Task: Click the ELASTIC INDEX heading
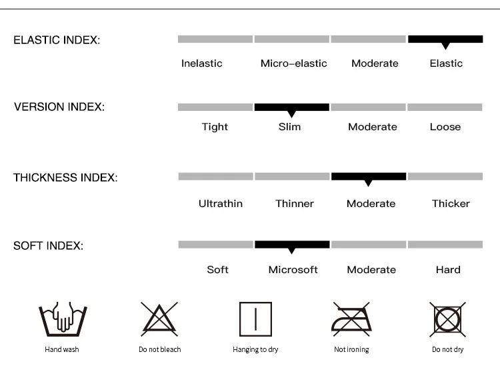point(57,40)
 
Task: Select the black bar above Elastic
point(445,39)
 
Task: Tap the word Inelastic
point(202,63)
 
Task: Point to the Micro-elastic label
point(293,63)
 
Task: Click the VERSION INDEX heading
point(59,107)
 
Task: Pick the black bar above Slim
point(291,107)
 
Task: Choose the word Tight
point(215,127)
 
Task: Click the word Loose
point(445,127)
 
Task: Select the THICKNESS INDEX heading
point(65,178)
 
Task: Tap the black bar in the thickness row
point(369,176)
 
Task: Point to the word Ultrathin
point(221,204)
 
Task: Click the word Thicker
point(451,204)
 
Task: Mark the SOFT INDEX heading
point(48,246)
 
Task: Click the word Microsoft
point(293,270)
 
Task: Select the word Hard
point(448,270)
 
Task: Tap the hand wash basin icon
point(63,319)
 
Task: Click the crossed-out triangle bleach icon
point(159,319)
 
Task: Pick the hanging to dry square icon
point(255,319)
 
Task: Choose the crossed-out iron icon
point(351,319)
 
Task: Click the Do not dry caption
point(447,349)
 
